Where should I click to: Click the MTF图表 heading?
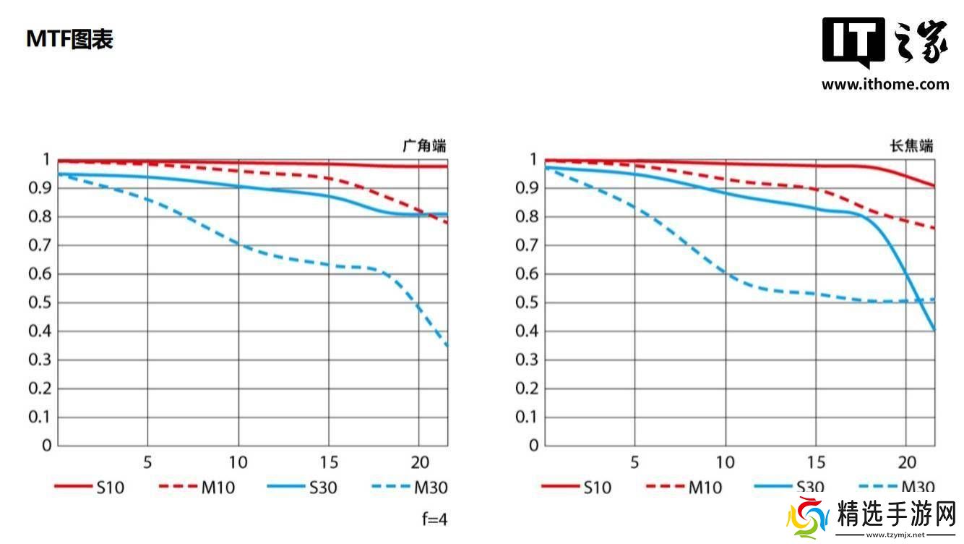point(69,39)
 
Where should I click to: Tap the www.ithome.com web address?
point(885,84)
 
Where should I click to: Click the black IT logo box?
point(853,41)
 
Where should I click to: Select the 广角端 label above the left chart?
point(424,145)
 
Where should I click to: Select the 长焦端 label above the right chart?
point(911,145)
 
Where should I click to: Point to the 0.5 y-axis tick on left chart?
point(40,302)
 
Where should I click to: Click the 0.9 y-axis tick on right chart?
point(528,188)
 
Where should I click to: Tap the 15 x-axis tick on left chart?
point(328,462)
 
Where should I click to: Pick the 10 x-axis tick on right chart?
point(725,462)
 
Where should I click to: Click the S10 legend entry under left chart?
point(110,488)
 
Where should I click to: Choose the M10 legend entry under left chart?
point(218,488)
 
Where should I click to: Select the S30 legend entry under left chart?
point(322,488)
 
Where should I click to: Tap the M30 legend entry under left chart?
point(430,488)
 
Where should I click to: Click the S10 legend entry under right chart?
point(597,488)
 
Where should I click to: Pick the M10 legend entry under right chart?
point(705,488)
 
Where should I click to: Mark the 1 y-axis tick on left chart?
point(46,159)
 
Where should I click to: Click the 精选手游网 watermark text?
point(896,515)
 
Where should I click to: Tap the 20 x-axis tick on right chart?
point(905,462)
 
